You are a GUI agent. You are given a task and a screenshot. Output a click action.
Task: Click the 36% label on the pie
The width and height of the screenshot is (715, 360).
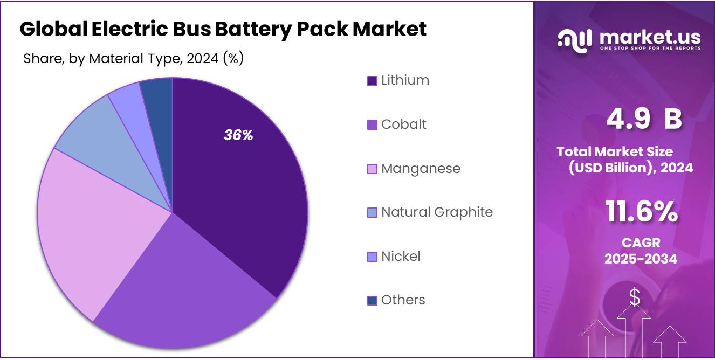click(x=238, y=135)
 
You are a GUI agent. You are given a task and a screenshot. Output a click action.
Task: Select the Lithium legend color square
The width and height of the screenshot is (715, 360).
click(x=372, y=81)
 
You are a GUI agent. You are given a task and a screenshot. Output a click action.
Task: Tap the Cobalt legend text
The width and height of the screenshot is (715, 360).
click(x=403, y=124)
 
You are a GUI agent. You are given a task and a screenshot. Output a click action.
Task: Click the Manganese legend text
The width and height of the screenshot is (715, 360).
click(x=421, y=169)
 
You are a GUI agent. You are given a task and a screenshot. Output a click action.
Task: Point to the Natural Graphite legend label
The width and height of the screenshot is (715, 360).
click(x=437, y=212)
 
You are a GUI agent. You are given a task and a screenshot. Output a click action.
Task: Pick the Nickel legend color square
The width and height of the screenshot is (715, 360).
click(x=372, y=257)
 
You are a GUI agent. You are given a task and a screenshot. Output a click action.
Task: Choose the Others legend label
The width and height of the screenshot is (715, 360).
click(x=403, y=300)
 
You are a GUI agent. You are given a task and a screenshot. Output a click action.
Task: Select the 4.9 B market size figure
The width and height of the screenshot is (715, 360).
click(x=644, y=119)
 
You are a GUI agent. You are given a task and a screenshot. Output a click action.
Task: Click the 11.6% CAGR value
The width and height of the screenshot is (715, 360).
click(x=641, y=212)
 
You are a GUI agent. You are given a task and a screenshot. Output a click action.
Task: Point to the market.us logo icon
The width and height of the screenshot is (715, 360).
click(x=574, y=39)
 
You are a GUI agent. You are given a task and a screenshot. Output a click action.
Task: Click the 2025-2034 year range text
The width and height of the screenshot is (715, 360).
click(x=641, y=259)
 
